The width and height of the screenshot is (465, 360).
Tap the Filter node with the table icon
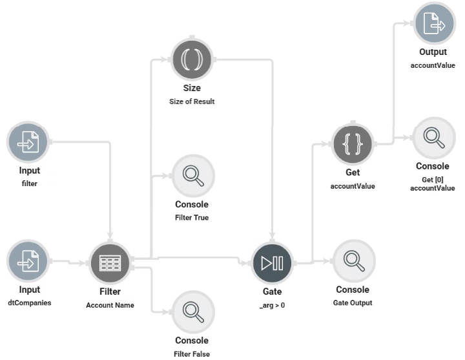[110, 263]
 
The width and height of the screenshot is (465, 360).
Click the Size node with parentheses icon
[192, 59]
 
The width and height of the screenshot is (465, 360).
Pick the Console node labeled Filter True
[192, 175]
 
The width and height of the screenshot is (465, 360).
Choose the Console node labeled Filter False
[192, 311]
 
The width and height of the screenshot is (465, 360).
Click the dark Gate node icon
[272, 263]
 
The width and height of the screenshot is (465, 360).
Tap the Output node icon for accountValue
[433, 25]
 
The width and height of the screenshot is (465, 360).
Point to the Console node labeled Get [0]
[433, 138]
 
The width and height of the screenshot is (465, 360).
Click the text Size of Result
[192, 102]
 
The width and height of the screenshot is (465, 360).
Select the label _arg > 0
[272, 304]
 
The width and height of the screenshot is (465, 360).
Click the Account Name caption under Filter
[110, 305]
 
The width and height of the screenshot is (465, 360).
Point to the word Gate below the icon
[272, 292]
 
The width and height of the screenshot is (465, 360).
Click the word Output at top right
[433, 52]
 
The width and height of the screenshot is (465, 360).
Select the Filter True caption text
[192, 218]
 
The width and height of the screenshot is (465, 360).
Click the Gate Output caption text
[353, 302]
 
